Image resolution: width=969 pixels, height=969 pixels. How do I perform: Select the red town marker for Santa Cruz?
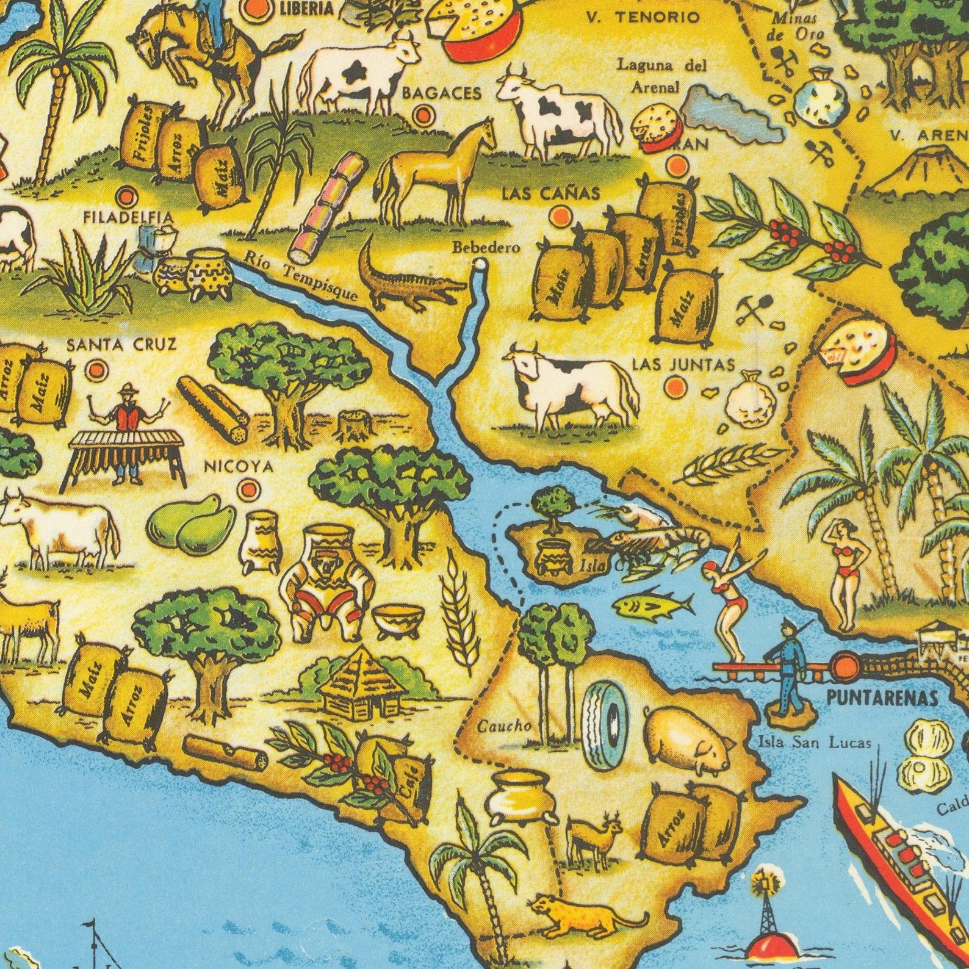coord(96,369)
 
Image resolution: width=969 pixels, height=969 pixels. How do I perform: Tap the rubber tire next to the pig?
coord(604,723)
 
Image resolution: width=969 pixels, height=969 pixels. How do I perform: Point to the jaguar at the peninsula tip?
coord(580,915)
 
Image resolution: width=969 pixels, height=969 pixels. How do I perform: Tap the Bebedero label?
coord(486,247)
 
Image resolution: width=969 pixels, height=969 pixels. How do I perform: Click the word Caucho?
coord(503,726)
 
